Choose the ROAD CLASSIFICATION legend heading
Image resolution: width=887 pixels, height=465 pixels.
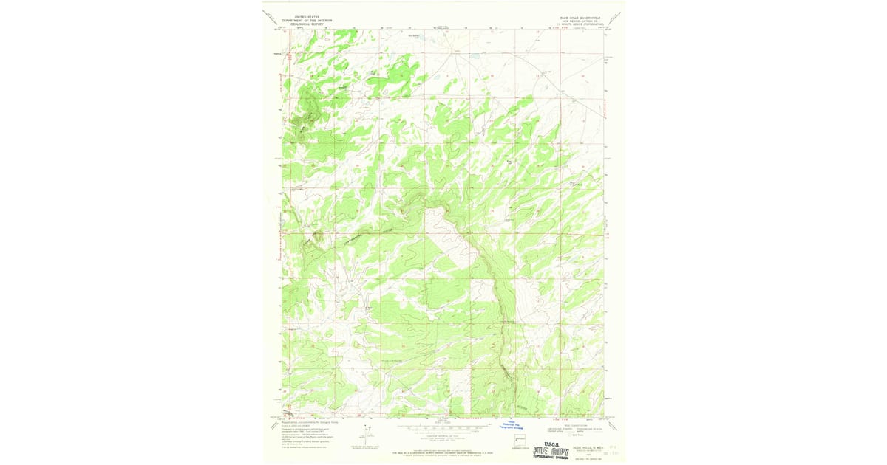[x=573, y=424]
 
